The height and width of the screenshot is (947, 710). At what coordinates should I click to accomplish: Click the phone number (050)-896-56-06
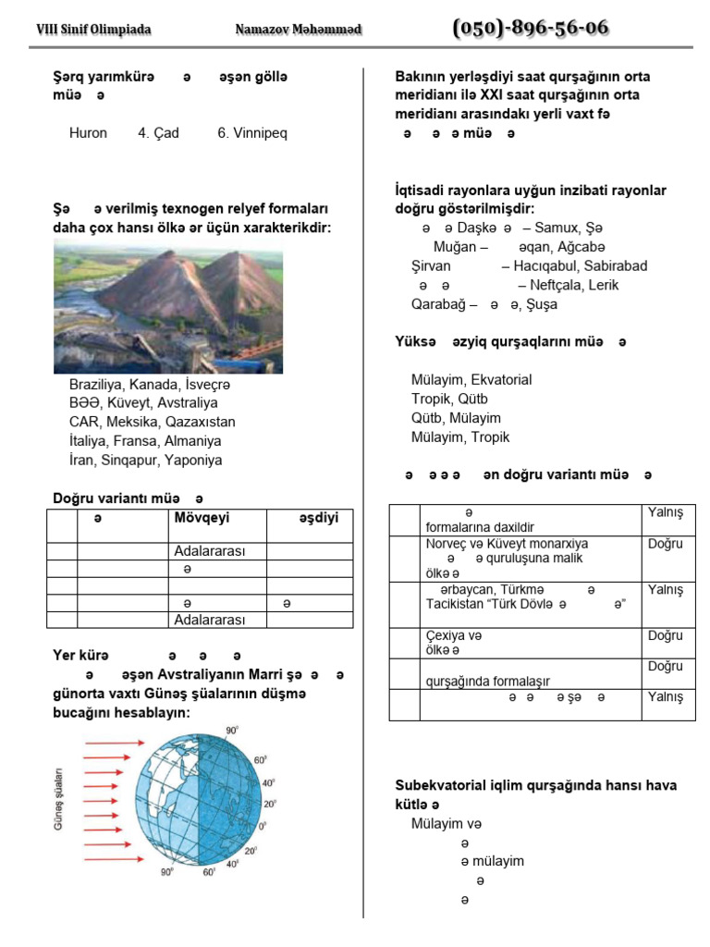point(531,28)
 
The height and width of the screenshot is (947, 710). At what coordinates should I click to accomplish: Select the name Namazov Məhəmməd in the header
point(299,30)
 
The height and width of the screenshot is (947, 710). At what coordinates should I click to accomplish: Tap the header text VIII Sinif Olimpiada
point(93,30)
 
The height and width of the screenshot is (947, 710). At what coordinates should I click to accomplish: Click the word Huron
point(88,133)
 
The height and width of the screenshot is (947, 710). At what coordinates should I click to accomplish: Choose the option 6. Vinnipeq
point(252,133)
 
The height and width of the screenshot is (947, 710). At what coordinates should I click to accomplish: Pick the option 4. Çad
point(158,133)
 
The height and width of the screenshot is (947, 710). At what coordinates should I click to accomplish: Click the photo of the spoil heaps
point(168,306)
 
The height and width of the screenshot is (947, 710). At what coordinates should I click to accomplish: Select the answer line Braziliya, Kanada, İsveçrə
point(149,384)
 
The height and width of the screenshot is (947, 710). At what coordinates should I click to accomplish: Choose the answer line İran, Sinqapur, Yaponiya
point(145,460)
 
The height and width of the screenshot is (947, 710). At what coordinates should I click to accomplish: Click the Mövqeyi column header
point(202,517)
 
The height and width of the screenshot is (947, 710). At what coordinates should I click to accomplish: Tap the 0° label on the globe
point(263,825)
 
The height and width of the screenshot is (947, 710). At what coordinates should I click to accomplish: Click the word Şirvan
point(431,266)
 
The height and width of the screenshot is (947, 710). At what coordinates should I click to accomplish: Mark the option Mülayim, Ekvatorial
point(471,379)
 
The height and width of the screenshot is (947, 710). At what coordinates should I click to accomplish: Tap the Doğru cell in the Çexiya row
point(666,635)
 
